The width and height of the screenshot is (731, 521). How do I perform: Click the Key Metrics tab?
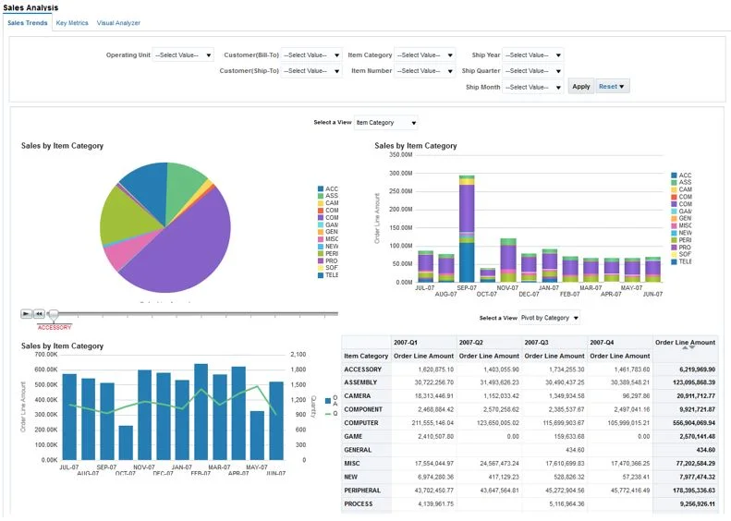pos(72,23)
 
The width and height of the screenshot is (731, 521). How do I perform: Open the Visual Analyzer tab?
pos(119,23)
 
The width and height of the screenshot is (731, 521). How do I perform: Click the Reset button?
pos(612,87)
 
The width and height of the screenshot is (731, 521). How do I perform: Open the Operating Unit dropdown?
pos(183,55)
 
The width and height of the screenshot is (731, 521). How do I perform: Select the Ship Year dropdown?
pos(532,55)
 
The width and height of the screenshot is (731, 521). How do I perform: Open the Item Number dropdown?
pos(424,71)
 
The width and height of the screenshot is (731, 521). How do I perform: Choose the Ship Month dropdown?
pos(532,87)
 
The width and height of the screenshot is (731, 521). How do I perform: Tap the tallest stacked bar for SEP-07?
pos(467,231)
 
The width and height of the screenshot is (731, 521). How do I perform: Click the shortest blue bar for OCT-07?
pos(126,442)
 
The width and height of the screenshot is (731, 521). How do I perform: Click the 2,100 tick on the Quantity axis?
pos(298,355)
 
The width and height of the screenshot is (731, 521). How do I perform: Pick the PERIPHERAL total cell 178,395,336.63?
pos(684,489)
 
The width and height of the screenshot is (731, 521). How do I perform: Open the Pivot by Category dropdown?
pos(551,318)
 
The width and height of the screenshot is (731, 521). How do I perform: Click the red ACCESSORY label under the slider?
pos(54,327)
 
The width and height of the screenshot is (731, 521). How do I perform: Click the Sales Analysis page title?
pos(30,7)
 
